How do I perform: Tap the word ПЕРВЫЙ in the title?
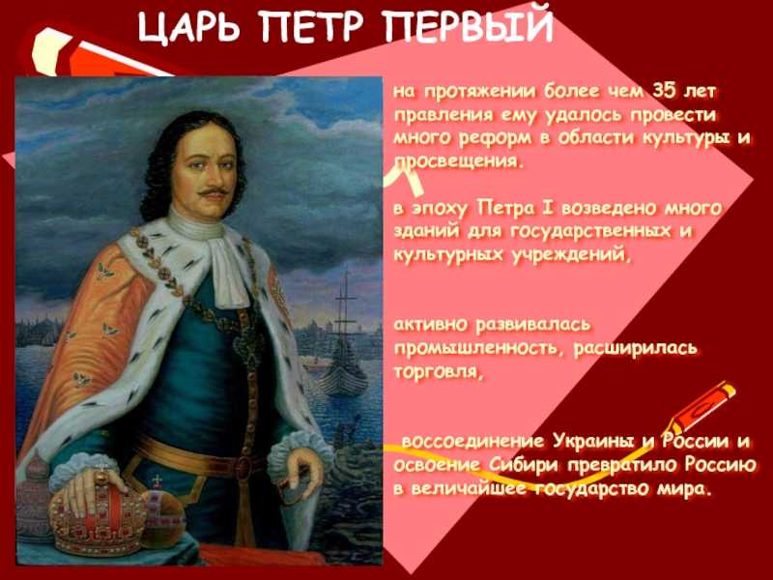pyautogui.click(x=468, y=25)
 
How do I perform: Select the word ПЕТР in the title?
pyautogui.click(x=313, y=26)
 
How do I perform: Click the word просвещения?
pyautogui.click(x=457, y=161)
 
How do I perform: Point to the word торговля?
pyautogui.click(x=437, y=372)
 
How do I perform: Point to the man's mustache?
pyautogui.click(x=213, y=191)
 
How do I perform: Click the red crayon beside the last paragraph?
pyautogui.click(x=702, y=408)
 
